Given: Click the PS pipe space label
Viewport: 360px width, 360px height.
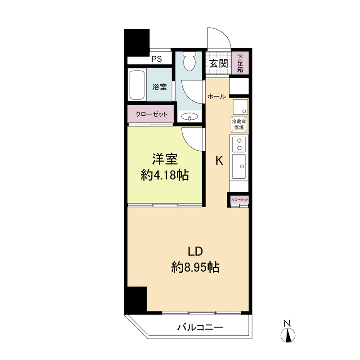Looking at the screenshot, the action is [157, 59].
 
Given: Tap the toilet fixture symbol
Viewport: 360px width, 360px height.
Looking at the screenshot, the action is [189, 61].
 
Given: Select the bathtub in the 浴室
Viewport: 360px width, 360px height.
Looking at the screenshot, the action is [137, 85].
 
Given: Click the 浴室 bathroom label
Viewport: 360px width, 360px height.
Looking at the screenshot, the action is [159, 87].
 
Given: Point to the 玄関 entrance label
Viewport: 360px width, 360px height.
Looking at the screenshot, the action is [218, 63].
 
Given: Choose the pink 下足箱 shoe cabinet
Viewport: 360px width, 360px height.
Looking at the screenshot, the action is [240, 63].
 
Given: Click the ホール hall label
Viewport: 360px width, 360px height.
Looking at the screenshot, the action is [216, 97].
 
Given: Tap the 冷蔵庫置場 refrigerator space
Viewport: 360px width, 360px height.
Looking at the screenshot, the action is [239, 125].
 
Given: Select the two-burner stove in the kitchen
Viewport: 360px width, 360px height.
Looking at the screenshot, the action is [239, 144].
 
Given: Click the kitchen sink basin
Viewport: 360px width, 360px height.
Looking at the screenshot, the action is [239, 166].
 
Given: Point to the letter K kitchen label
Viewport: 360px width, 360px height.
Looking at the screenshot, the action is [219, 160].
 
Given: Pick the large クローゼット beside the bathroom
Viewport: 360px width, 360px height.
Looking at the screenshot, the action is [151, 114].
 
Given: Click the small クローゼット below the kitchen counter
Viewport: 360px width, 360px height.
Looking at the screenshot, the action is [240, 200].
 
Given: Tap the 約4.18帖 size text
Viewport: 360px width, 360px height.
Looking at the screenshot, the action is [165, 175].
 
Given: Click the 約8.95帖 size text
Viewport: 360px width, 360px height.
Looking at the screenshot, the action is [195, 267].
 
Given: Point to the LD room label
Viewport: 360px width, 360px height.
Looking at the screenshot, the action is [195, 252].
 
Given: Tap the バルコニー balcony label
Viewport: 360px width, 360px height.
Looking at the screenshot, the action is [200, 327].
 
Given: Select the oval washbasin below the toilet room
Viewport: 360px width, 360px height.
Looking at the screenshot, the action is [189, 117].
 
